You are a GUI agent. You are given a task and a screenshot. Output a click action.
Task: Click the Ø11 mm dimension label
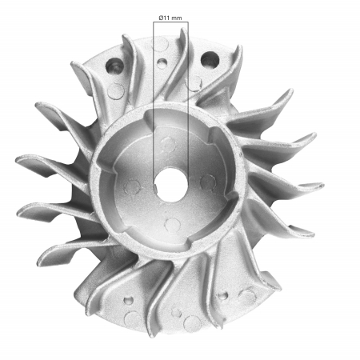(x=170, y=16)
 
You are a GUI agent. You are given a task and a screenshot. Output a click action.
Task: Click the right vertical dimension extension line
(x=187, y=96)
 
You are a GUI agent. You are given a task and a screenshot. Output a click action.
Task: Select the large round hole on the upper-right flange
(x=213, y=58)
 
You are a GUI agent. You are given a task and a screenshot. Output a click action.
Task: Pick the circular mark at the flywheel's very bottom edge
(x=190, y=322)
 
